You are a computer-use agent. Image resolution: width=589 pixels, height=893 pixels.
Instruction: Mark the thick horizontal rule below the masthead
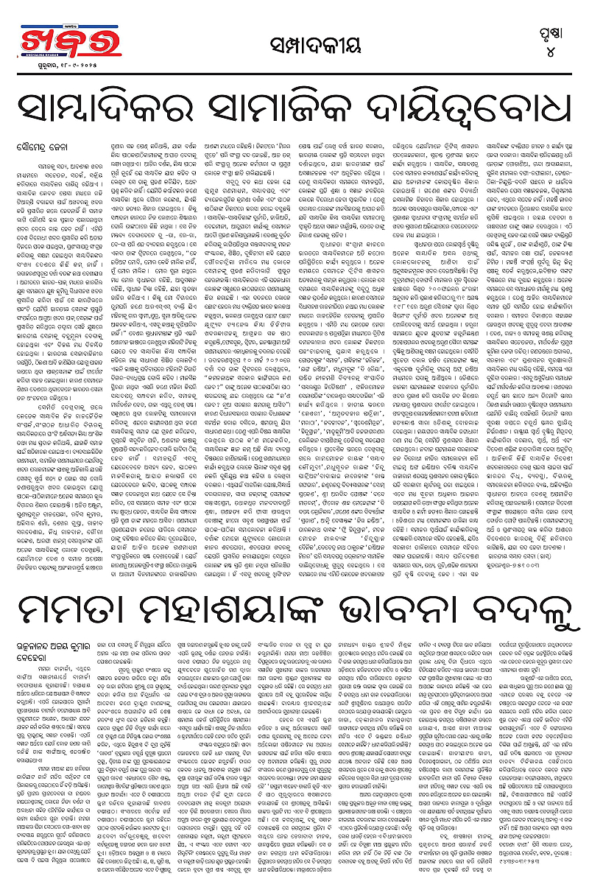click(294, 71)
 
